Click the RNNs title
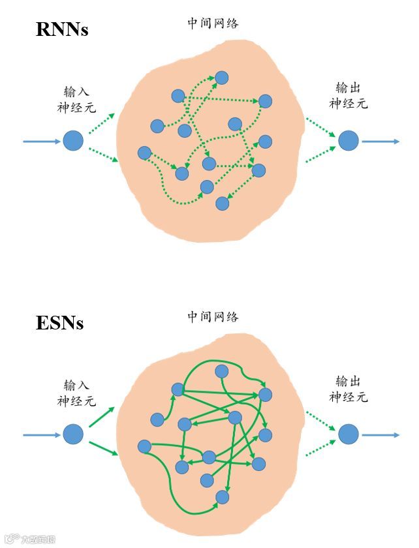coord(61,29)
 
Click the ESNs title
coord(59,323)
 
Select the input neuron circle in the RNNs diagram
coord(73,140)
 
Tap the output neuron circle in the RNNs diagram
coord(349,140)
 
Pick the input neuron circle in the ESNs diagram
coord(73,434)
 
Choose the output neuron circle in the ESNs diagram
coord(349,434)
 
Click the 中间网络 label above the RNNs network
coord(213,23)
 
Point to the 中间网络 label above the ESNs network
coord(213,317)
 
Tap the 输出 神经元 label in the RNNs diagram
coord(349,96)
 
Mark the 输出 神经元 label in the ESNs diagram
coord(349,389)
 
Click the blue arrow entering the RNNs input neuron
coord(42,141)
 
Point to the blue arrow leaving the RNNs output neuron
coord(380,141)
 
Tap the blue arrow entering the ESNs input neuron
coord(42,434)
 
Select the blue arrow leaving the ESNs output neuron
coord(380,434)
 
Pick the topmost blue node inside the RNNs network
coord(222,78)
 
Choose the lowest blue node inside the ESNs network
coord(222,497)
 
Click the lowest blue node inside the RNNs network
coord(223,203)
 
